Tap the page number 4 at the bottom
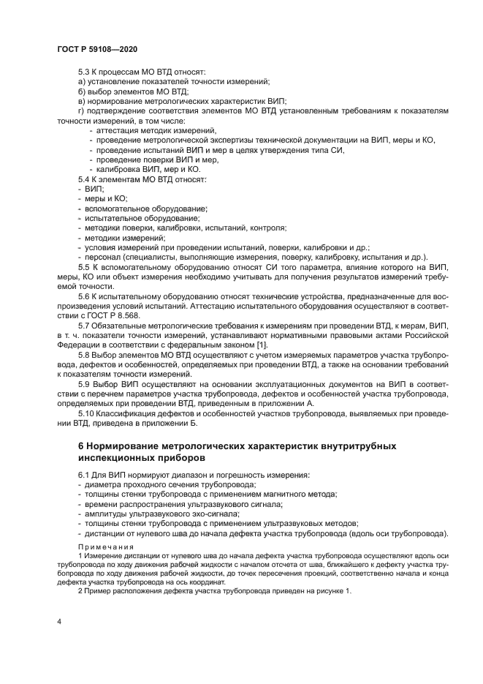[x=58, y=621]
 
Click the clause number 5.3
[x=84, y=72]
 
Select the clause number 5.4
[x=84, y=178]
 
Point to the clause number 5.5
[x=84, y=267]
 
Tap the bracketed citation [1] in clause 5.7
[x=263, y=344]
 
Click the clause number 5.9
[x=84, y=383]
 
